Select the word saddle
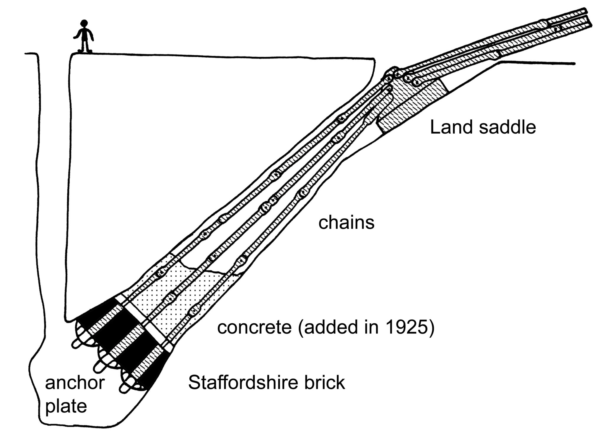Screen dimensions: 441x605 pyautogui.click(x=507, y=127)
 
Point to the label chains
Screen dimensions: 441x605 pyautogui.click(x=346, y=223)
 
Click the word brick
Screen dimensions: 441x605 pyautogui.click(x=327, y=382)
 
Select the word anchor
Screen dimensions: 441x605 pyautogui.click(x=75, y=383)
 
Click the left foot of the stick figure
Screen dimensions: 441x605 pyautogui.click(x=81, y=51)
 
